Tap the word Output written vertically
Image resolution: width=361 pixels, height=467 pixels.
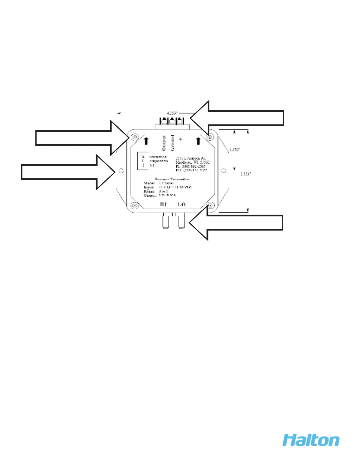coord(164,143)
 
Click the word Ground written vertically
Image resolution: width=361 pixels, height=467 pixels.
coord(172,143)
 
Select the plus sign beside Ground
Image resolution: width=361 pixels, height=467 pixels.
coord(180,139)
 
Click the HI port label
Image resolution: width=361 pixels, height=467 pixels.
coord(163,204)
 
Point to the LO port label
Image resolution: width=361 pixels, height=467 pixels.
coord(181,204)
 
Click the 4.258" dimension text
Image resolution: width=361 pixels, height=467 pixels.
coord(172,113)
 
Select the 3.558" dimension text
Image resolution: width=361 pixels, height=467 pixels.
coord(246,174)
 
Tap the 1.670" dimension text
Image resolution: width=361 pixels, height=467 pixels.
coord(235,150)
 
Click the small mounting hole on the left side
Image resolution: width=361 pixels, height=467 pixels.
coord(121,170)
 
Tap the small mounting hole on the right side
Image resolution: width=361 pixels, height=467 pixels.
coord(224,170)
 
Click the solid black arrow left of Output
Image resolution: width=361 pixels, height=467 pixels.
coord(146,141)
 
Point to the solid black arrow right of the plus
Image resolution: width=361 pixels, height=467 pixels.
coord(198,141)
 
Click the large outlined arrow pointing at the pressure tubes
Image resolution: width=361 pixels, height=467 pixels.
coord(236,223)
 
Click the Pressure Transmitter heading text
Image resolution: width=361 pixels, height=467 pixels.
coord(173,179)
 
